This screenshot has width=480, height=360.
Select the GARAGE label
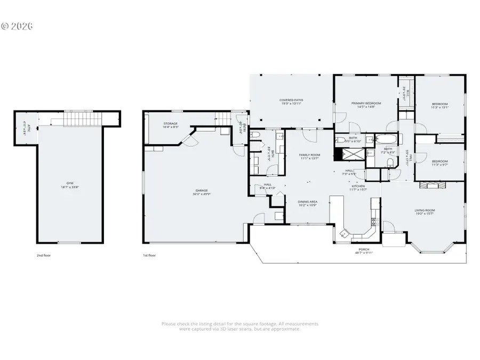201,191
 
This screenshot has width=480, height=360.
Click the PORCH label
363,251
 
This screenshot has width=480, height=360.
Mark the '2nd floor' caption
44,255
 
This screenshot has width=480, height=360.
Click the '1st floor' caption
149,255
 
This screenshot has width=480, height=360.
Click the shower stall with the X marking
353,154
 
